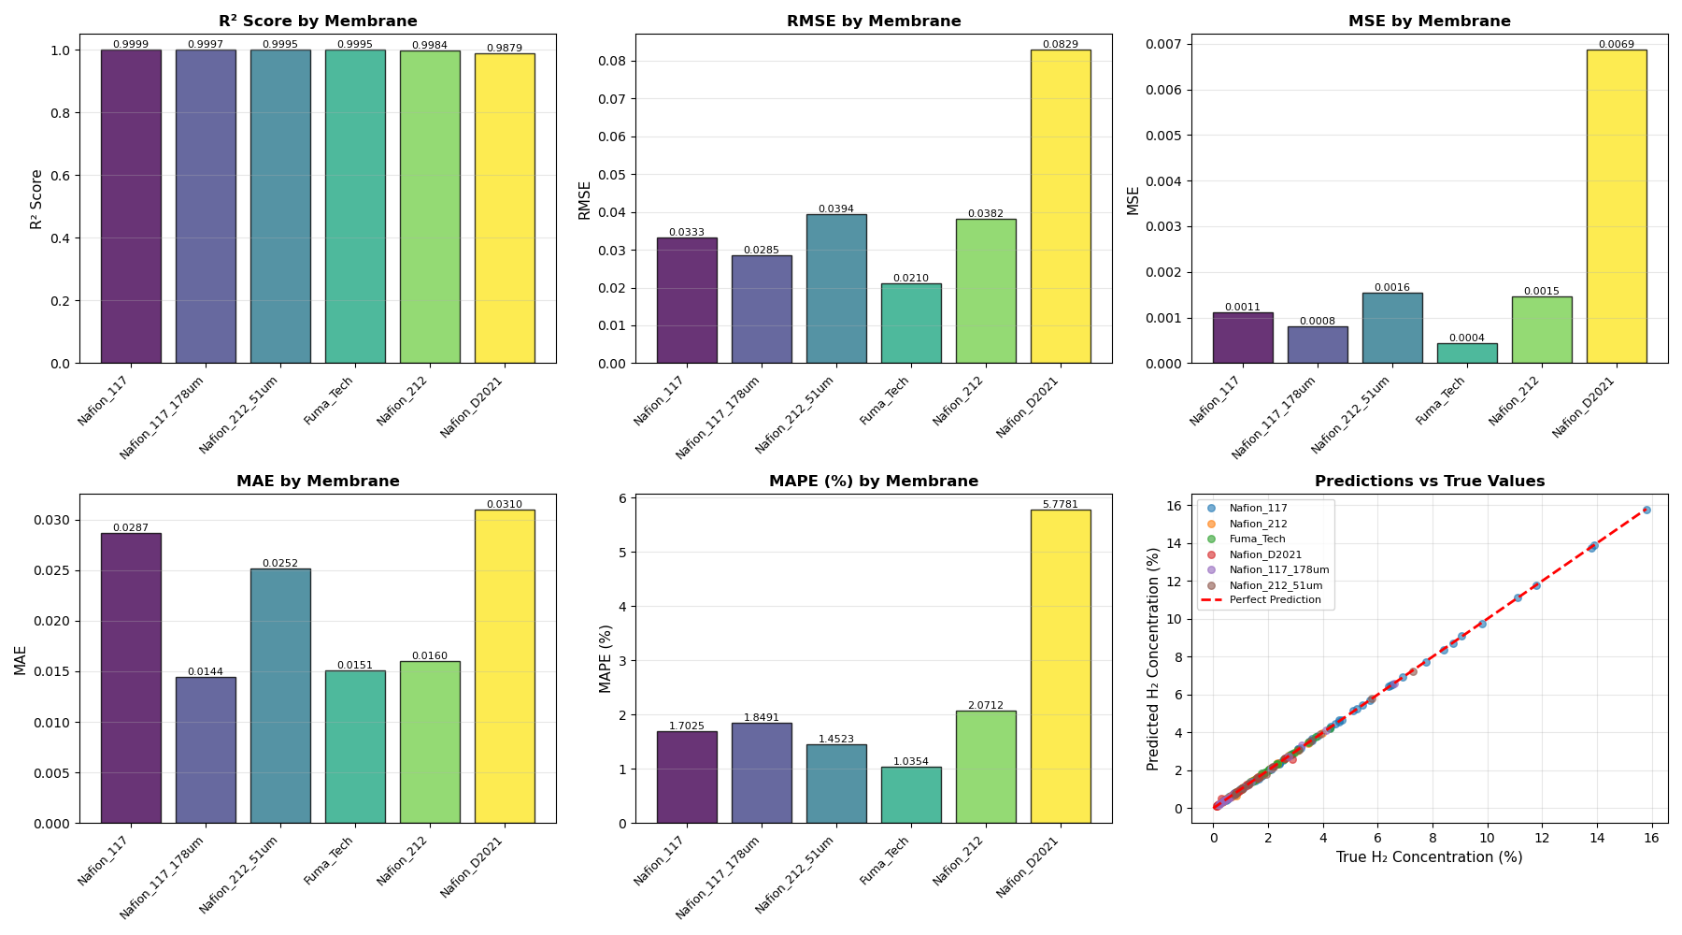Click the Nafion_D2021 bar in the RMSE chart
click(1061, 206)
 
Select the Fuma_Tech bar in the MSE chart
click(1467, 353)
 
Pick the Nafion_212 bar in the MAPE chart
click(986, 767)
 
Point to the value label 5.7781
click(1061, 505)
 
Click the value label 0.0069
click(1617, 45)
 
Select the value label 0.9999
click(131, 45)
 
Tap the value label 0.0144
click(206, 672)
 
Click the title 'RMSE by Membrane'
click(874, 22)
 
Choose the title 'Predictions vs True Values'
click(1430, 482)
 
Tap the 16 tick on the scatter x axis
click(1652, 839)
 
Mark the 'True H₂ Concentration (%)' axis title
click(1430, 857)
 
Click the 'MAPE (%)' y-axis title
click(606, 658)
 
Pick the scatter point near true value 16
click(1646, 511)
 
